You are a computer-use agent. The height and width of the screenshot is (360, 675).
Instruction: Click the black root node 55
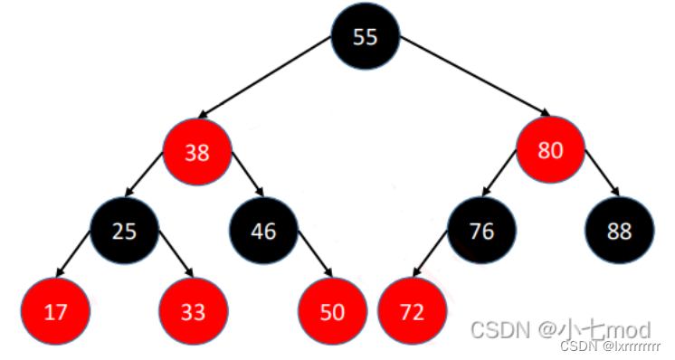tap(365, 37)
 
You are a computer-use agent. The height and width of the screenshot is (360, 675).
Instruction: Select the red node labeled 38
tap(197, 152)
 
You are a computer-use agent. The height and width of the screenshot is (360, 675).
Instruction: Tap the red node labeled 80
tap(550, 150)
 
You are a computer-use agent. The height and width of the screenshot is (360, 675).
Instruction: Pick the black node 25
tap(124, 231)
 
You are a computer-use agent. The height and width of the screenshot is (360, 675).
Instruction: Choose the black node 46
tap(263, 231)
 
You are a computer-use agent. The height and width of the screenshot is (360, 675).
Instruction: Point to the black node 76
tap(481, 231)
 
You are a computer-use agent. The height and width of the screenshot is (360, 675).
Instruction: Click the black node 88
tap(620, 231)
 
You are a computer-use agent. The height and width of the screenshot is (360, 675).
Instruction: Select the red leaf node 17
tap(56, 311)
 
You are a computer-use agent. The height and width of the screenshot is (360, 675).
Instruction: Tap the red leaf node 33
tap(193, 311)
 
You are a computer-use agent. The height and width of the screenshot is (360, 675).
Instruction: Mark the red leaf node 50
tap(332, 311)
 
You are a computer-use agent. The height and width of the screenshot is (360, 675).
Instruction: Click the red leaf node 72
tap(412, 311)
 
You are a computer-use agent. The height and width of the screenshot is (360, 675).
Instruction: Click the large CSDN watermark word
tap(500, 329)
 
